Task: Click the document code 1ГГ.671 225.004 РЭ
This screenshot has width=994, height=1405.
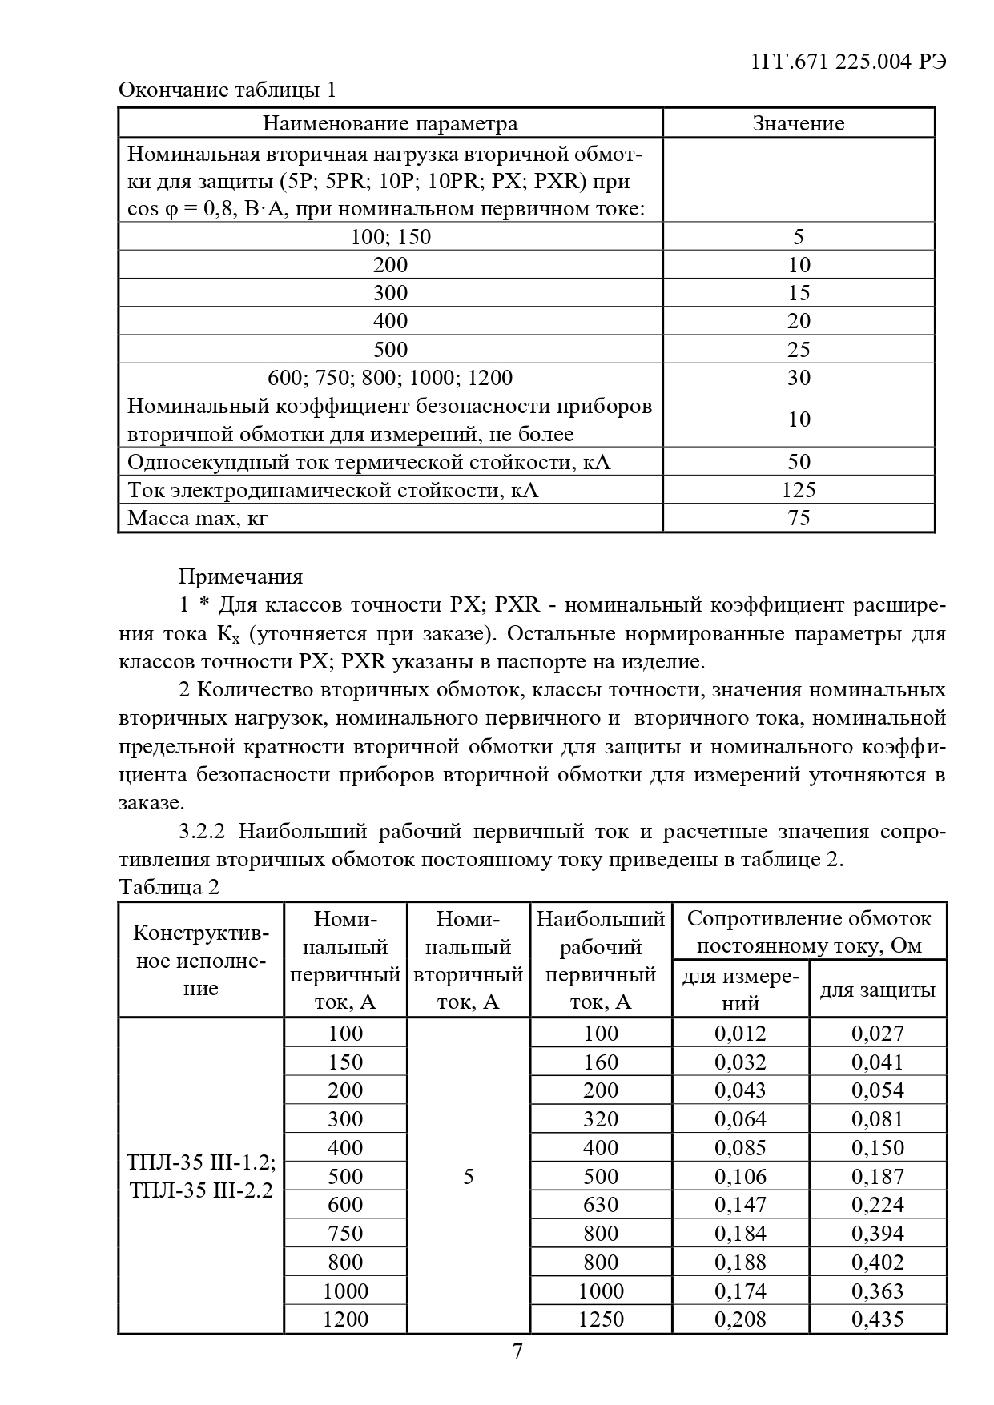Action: coord(849,62)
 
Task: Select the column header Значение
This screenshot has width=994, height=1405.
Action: coord(798,123)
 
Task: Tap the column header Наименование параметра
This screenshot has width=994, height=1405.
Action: coord(390,123)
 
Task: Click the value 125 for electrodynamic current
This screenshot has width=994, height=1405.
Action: coord(798,490)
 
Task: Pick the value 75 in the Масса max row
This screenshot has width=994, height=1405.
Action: coord(799,518)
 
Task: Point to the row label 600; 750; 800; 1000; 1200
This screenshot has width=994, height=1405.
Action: coord(390,378)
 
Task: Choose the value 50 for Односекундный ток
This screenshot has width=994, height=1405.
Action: coord(799,462)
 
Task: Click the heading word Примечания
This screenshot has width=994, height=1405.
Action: coord(240,576)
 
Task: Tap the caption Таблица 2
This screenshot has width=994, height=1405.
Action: coord(168,887)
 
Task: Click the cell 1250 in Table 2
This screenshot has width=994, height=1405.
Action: coord(601,1319)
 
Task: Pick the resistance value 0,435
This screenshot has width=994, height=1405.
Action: coord(877,1319)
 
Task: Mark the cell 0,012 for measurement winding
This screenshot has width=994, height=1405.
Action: coord(740,1033)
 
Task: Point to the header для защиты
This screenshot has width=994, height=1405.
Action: coord(877,990)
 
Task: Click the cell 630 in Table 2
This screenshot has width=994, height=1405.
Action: coord(601,1204)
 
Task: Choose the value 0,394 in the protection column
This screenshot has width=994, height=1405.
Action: coord(877,1233)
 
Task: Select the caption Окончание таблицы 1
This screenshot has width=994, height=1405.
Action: coord(227,90)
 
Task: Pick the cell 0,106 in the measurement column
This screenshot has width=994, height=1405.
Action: coord(740,1176)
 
